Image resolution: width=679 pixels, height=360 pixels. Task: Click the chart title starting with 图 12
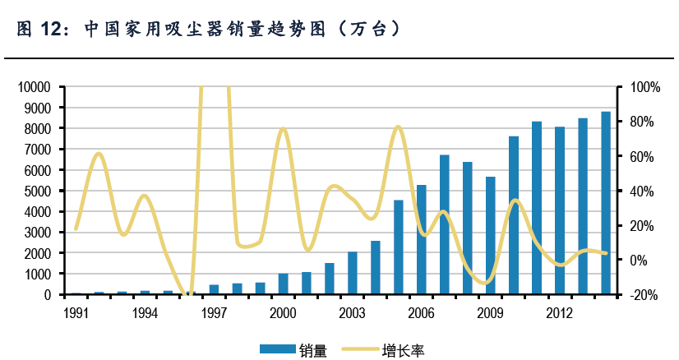pyautogui.click(x=210, y=30)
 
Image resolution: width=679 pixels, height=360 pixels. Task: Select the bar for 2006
pyautogui.click(x=422, y=239)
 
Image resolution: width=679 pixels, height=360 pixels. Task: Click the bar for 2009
pyautogui.click(x=491, y=235)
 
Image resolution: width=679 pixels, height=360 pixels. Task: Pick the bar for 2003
pyautogui.click(x=353, y=273)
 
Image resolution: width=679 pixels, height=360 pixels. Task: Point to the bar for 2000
pyautogui.click(x=284, y=284)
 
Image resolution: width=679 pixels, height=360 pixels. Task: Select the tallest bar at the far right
pyautogui.click(x=606, y=203)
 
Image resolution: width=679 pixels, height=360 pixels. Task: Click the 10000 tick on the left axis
pyautogui.click(x=34, y=87)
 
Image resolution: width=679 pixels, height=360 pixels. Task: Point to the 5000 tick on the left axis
pyautogui.click(x=36, y=191)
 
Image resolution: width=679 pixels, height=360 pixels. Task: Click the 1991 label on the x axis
pyautogui.click(x=76, y=313)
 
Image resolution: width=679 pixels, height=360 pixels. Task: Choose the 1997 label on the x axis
pyautogui.click(x=214, y=313)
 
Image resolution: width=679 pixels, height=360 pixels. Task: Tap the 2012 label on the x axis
pyautogui.click(x=560, y=313)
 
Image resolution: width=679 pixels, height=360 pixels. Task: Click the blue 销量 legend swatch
pyautogui.click(x=275, y=349)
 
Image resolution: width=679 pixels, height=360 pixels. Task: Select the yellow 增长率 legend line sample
pyautogui.click(x=361, y=349)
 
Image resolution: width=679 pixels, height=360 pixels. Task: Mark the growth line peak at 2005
pyautogui.click(x=398, y=127)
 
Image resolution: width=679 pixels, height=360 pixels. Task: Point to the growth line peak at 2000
pyautogui.click(x=283, y=128)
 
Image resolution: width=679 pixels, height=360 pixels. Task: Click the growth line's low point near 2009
pyautogui.click(x=487, y=283)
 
